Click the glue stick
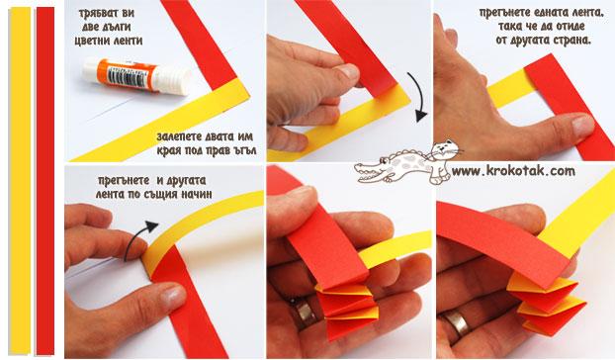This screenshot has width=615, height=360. point(135,76)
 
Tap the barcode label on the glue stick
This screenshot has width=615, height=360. point(127,76)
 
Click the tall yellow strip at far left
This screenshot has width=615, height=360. point(20,180)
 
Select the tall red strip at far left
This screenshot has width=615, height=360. point(45,180)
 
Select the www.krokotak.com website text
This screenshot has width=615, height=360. point(513,171)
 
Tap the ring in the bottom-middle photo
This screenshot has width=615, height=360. point(304,314)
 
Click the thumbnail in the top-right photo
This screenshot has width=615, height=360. point(582,126)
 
